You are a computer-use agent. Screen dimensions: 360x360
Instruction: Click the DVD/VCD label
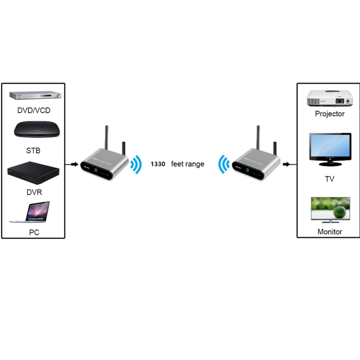[34, 110]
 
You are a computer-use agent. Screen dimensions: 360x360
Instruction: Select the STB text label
[33, 151]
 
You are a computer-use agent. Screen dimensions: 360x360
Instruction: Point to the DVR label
[33, 192]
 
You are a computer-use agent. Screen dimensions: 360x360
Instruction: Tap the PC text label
[34, 233]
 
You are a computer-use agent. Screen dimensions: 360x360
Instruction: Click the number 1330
[157, 164]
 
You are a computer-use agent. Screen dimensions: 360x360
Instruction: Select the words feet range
[188, 164]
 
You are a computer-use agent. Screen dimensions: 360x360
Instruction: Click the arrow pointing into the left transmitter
[73, 164]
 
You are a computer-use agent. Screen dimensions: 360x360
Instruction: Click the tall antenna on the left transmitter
[106, 139]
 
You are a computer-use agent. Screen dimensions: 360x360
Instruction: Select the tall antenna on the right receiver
[257, 139]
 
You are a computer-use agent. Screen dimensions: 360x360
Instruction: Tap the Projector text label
[330, 114]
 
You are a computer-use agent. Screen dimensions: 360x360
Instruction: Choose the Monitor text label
[330, 231]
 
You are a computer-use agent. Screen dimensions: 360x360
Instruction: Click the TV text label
[329, 179]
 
